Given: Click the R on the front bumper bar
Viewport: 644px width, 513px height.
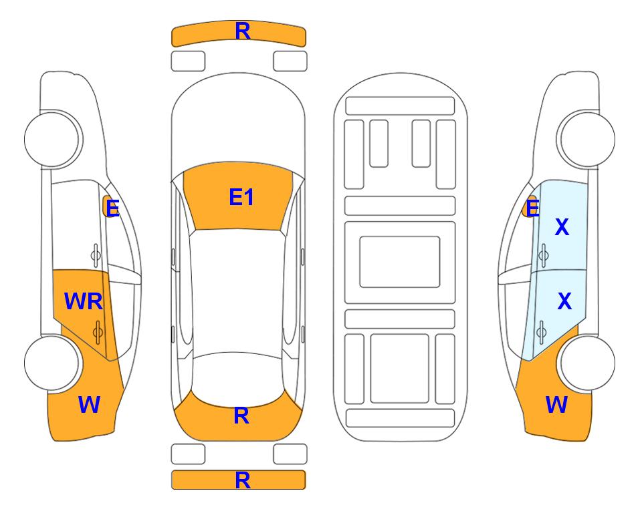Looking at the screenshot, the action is tap(243, 31).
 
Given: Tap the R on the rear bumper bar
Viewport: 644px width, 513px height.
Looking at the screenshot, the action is tap(243, 480).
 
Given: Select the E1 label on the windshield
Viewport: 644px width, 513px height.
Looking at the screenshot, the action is tap(241, 197).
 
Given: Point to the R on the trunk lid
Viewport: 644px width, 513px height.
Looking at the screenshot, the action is tap(241, 415).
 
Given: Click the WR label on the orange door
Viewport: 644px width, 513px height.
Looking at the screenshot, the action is tap(84, 301).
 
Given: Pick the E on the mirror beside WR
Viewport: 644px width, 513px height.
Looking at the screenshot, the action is tap(112, 208).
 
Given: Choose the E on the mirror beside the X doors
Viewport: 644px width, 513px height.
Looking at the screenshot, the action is tap(532, 208).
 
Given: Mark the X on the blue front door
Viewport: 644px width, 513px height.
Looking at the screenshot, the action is tap(562, 226).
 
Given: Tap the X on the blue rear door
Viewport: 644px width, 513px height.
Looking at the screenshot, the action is tap(564, 301).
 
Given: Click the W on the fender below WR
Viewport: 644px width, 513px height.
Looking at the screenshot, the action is tap(89, 405).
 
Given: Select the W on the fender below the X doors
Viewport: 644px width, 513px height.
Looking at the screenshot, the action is tap(556, 405).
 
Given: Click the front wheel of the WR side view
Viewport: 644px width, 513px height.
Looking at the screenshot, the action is tap(52, 140).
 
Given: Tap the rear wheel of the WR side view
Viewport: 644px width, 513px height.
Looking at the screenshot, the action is tap(52, 363).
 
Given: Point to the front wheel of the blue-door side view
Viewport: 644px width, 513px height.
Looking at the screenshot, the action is tap(587, 140).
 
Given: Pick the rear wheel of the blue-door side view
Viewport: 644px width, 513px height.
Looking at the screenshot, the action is tap(587, 363).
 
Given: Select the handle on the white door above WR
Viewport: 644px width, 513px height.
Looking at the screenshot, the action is tap(96, 255).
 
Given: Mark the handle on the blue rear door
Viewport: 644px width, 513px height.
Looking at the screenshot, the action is tap(541, 331).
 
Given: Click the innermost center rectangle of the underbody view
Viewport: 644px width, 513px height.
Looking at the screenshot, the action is tap(400, 262).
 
